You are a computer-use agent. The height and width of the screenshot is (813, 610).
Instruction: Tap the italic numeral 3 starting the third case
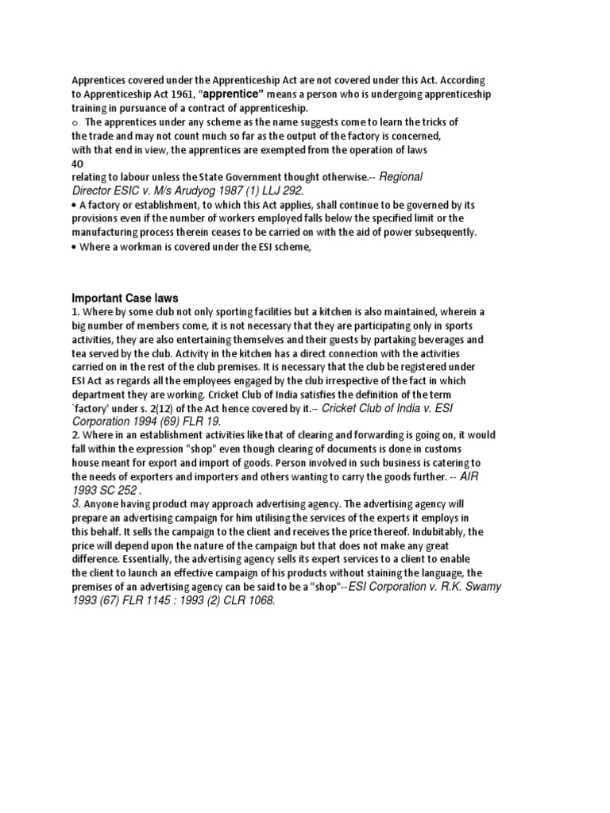(76, 503)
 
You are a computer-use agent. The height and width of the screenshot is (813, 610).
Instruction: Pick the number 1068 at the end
(258, 600)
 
